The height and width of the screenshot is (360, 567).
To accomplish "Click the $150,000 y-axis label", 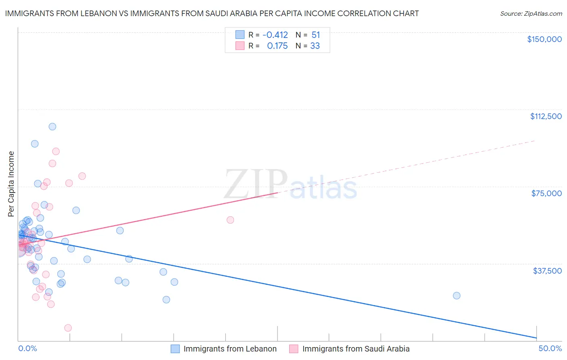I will tap(544, 39).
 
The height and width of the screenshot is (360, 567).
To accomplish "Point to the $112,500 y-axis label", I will tap(546, 116).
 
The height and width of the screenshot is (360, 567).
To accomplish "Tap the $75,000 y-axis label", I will tap(546, 193).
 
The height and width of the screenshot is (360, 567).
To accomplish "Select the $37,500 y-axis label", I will tap(547, 271).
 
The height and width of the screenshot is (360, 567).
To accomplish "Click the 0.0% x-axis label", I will tap(27, 348).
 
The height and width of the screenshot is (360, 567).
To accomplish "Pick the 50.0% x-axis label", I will tap(550, 348).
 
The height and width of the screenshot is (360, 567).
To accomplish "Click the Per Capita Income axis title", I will tap(11, 184).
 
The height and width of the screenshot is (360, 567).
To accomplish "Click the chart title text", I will tap(212, 13).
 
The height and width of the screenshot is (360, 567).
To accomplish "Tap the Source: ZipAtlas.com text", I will tap(531, 13).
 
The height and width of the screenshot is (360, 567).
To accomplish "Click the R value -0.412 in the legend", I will tap(275, 35).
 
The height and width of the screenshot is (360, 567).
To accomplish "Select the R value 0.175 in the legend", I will tap(277, 46).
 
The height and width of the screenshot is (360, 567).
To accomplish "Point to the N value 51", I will tap(315, 35).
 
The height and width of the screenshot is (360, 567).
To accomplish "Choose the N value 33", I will tap(315, 46).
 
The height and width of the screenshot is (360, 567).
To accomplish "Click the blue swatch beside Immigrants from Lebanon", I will tap(175, 349).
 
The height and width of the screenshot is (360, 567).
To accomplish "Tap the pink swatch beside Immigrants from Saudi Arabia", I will tap(294, 349).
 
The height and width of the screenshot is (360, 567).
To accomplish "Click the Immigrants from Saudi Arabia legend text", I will tap(356, 349).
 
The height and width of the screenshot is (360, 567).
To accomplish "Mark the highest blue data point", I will tap(52, 127).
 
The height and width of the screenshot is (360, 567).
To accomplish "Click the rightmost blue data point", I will tap(457, 295).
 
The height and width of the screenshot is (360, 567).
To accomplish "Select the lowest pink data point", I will tap(68, 328).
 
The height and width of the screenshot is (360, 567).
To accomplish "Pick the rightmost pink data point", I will tap(230, 220).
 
